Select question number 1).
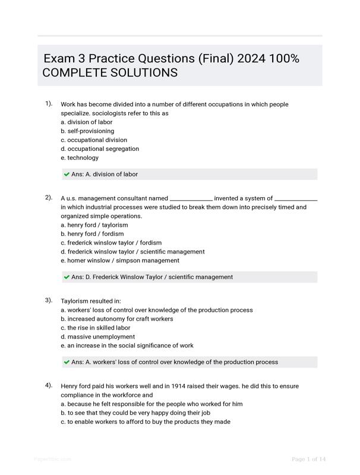(x=49, y=104)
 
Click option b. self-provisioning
(x=87, y=131)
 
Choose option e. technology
(x=80, y=158)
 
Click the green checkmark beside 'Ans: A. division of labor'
(x=67, y=175)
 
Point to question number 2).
(x=49, y=198)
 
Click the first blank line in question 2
(x=191, y=199)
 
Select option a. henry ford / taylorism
(x=94, y=225)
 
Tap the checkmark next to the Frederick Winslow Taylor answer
(x=67, y=277)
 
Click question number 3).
(x=49, y=300)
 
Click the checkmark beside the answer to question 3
(x=67, y=362)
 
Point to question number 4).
(x=49, y=385)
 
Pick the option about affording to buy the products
(x=146, y=422)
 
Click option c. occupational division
(x=94, y=140)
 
